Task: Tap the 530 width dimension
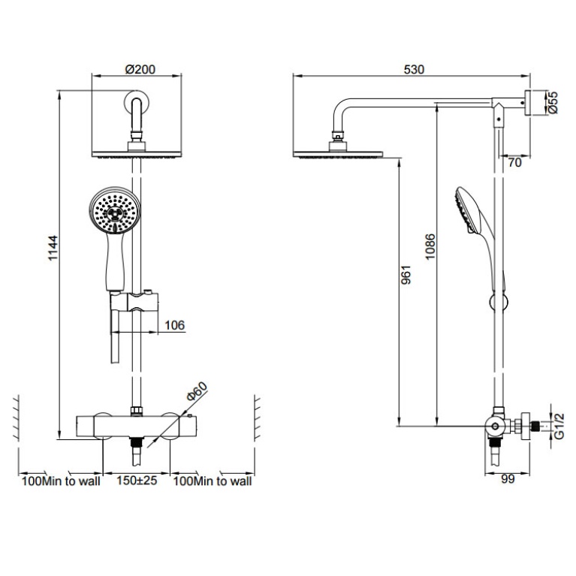pos(414,69)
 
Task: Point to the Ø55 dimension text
pos(553,103)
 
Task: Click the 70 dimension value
pos(514,161)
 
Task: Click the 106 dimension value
pos(173,324)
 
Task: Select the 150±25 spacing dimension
pos(136,481)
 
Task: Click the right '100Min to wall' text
pos(213,481)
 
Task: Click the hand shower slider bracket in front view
pos(135,303)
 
